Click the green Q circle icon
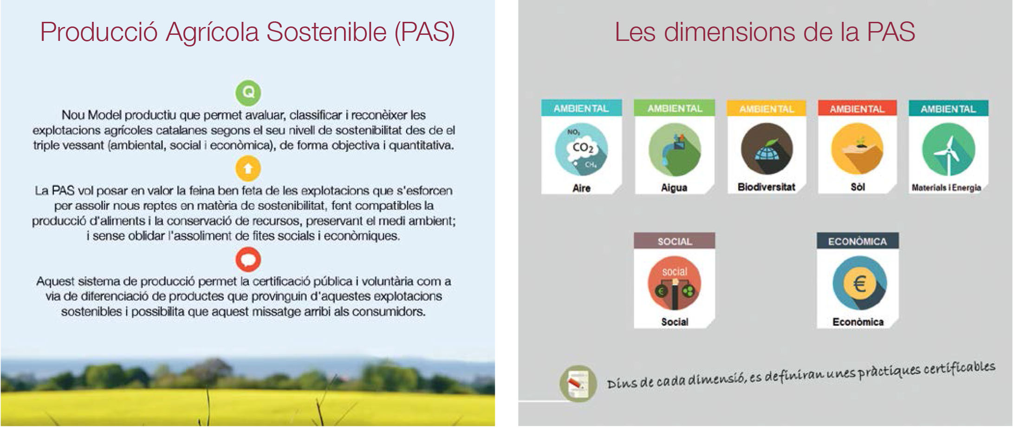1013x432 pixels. (x=248, y=92)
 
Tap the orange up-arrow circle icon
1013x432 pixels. (x=248, y=168)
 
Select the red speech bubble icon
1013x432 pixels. (x=248, y=259)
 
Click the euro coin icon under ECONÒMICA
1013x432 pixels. (x=859, y=283)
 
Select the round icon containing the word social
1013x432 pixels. (x=675, y=283)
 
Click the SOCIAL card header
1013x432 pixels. (x=675, y=241)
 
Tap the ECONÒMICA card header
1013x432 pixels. (x=857, y=241)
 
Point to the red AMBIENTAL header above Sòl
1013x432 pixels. (x=857, y=108)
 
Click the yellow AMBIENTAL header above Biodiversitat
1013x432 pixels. (x=766, y=108)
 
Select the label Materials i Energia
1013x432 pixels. (x=946, y=188)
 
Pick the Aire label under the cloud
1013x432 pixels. (x=581, y=188)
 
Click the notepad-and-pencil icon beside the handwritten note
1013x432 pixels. (x=578, y=384)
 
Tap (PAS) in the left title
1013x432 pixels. (x=425, y=32)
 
